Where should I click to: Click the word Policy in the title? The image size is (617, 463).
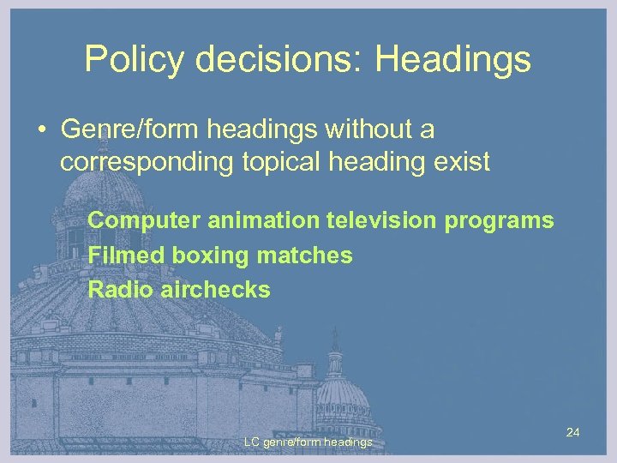tap(133, 60)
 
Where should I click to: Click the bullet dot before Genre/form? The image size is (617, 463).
tap(41, 131)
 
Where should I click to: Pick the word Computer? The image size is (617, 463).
tap(144, 220)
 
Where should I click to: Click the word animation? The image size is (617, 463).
tap(263, 220)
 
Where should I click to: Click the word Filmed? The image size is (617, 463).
tap(127, 255)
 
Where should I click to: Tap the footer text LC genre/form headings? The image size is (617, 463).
tap(308, 442)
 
